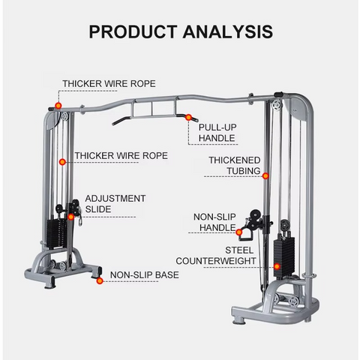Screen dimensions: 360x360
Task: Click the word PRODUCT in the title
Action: coord(133,31)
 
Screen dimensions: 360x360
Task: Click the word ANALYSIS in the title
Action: coord(228,31)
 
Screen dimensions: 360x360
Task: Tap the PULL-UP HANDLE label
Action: coord(217,133)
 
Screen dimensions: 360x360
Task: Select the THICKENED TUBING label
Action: coord(235,166)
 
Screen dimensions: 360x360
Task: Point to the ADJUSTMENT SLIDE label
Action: coord(115,204)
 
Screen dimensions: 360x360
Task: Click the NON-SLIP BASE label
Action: coord(145,275)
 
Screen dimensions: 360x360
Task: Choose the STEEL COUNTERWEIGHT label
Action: coord(216,256)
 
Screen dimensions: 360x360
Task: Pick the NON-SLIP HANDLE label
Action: coord(214,222)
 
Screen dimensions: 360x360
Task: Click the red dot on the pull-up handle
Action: coord(188,117)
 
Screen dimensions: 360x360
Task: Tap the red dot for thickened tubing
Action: coord(265,176)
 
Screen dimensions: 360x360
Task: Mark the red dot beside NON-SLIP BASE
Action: coord(100,280)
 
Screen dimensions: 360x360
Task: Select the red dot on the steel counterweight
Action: coord(277,266)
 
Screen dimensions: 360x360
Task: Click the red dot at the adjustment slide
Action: coord(71,217)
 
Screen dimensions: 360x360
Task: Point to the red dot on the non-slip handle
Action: coord(239,232)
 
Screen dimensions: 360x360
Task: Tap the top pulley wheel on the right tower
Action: coord(277,104)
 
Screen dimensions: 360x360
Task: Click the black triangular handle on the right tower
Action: coord(247,235)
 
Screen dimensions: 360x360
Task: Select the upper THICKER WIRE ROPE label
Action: coord(109,84)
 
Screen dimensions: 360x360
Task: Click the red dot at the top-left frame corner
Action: coord(58,106)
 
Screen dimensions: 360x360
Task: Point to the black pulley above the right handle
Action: coord(256,214)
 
